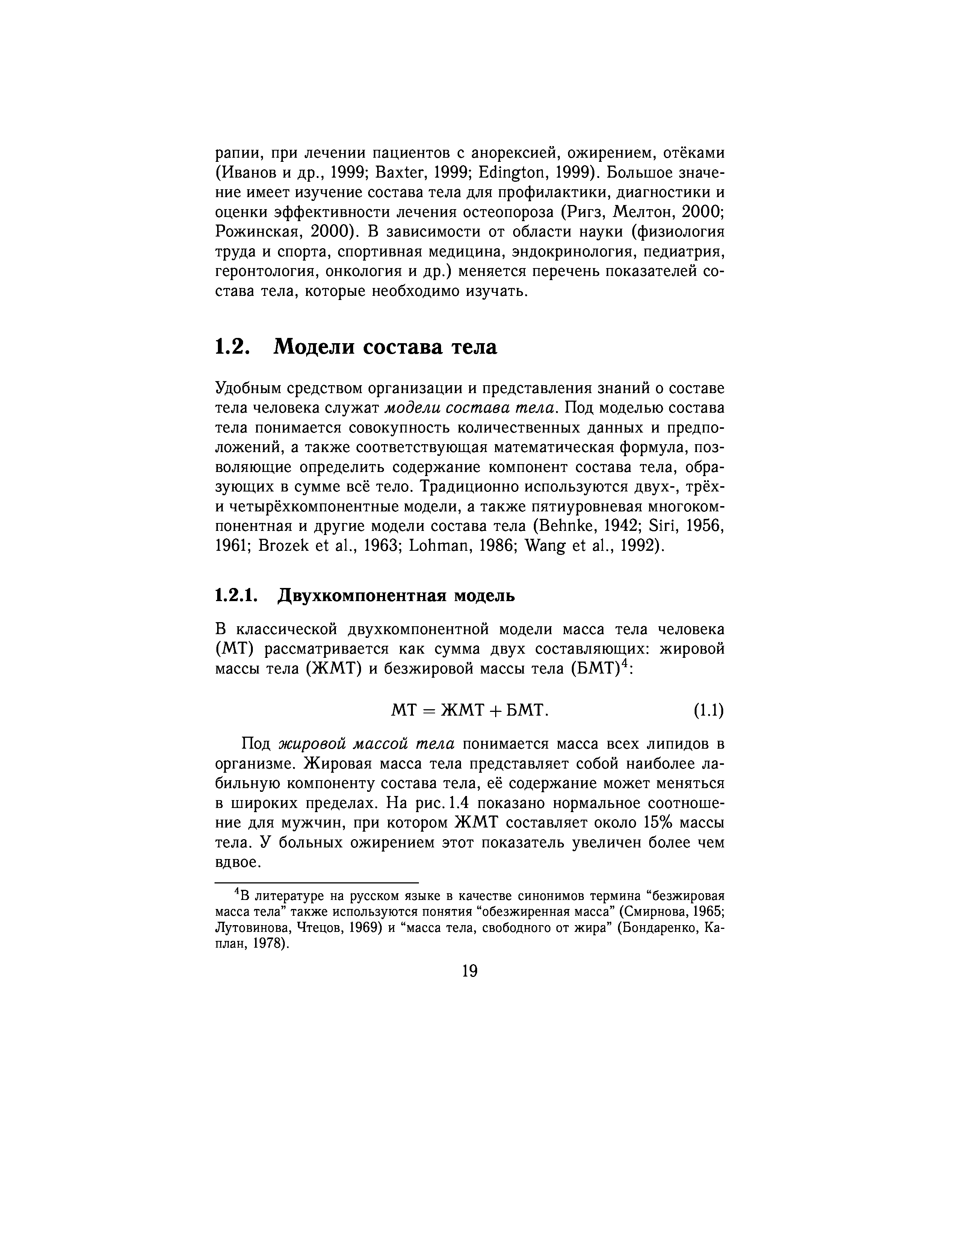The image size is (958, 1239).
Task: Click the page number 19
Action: (x=470, y=971)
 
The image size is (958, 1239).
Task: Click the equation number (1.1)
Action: (x=708, y=710)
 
